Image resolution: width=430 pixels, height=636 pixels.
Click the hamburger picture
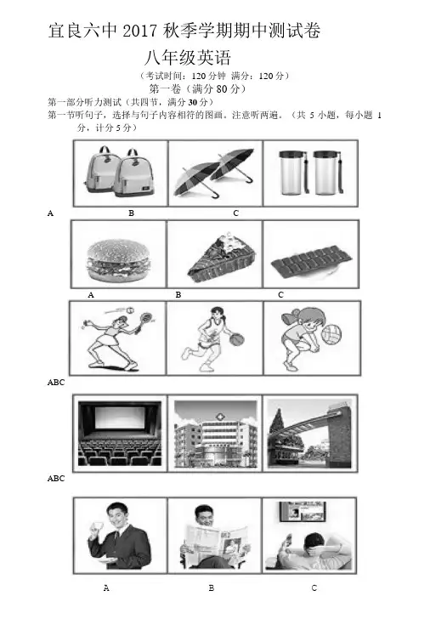click(x=117, y=259)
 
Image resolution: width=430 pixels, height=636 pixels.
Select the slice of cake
click(x=221, y=258)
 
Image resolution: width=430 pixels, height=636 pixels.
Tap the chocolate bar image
click(x=311, y=263)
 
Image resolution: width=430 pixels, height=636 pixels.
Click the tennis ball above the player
click(x=130, y=310)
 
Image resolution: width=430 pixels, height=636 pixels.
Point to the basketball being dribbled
click(x=235, y=339)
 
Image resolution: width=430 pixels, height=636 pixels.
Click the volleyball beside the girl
click(x=331, y=334)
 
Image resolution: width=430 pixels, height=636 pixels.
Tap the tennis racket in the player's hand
click(x=144, y=319)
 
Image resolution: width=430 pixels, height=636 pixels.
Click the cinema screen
click(x=120, y=418)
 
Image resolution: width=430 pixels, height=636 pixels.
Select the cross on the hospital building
click(x=220, y=417)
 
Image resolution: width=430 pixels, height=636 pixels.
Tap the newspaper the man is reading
click(x=216, y=540)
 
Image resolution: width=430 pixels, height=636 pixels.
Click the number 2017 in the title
click(x=140, y=31)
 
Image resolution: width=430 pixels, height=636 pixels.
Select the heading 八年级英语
click(x=188, y=58)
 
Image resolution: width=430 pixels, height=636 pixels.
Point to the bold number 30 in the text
click(x=193, y=102)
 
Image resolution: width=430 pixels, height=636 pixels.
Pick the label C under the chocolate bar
click(x=280, y=294)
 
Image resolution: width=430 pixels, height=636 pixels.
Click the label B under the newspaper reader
click(x=211, y=588)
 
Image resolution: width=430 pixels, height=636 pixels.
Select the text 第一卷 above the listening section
click(x=165, y=88)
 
